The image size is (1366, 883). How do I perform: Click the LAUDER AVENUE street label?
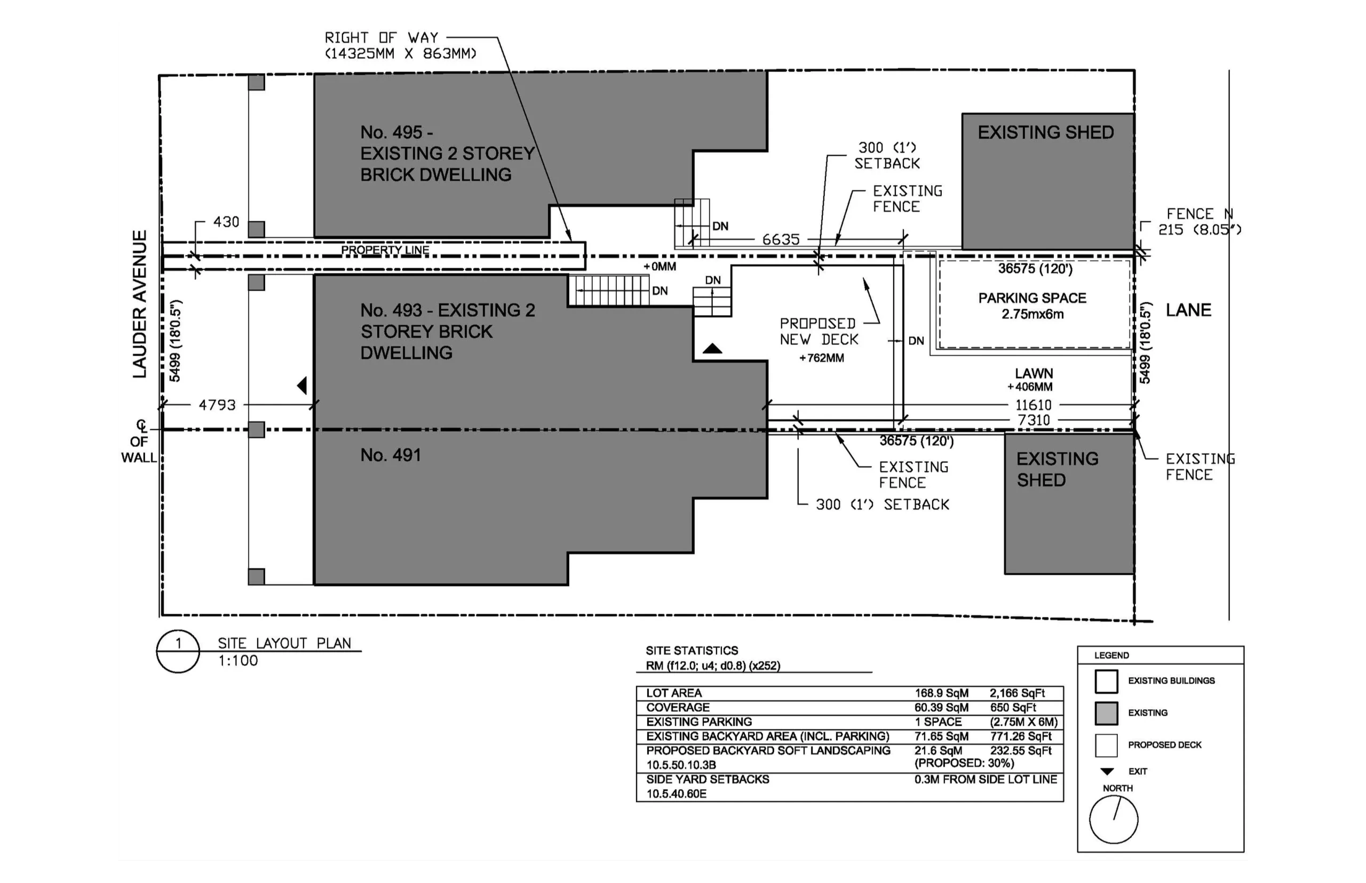(139, 304)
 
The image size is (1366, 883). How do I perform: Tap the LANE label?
(1188, 310)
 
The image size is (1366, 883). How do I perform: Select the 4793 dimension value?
(217, 405)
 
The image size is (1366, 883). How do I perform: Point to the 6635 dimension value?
(780, 239)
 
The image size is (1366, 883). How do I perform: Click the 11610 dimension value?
(1033, 405)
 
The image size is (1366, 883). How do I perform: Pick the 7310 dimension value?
(1034, 420)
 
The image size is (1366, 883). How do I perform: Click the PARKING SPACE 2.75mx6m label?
(1032, 306)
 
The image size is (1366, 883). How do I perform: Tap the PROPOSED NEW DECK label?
(818, 332)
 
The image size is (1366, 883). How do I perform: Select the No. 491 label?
(390, 455)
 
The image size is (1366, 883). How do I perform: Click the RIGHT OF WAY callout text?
(400, 45)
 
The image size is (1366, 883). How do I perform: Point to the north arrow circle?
(1113, 820)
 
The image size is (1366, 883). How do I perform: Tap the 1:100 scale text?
(238, 661)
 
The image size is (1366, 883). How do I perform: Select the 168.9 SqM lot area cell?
(941, 693)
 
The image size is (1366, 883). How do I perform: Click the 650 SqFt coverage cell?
(1013, 708)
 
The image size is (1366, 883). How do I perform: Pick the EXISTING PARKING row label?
(699, 722)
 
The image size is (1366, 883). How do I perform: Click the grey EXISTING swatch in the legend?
(1106, 713)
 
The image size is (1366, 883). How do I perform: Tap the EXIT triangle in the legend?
(1107, 772)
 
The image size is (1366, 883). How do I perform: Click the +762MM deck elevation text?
(822, 358)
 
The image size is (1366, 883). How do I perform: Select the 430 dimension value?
(226, 222)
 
